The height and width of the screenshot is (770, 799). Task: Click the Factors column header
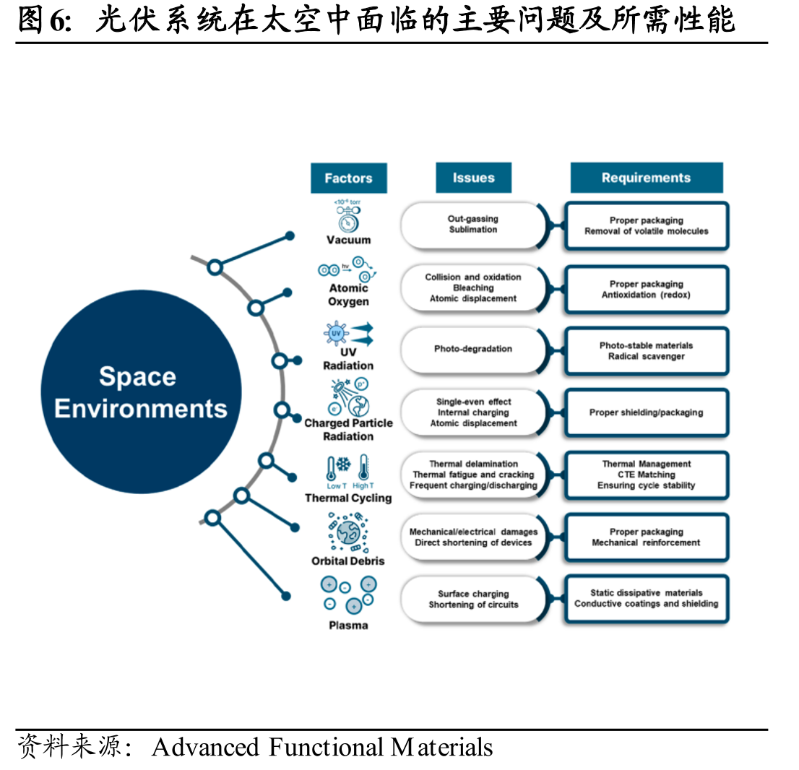[x=348, y=178]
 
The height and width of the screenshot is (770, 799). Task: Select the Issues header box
[x=473, y=178]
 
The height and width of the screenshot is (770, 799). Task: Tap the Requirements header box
[x=646, y=178]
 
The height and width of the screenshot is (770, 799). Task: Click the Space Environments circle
[x=141, y=392]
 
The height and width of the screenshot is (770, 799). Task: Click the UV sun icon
[x=336, y=334]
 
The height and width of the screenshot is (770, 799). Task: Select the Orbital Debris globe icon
[x=348, y=532]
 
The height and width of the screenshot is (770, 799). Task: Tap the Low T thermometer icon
[x=332, y=468]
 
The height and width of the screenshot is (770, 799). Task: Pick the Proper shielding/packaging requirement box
[x=646, y=412]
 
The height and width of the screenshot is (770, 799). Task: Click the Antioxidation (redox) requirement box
[x=646, y=289]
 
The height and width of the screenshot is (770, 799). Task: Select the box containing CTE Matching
[x=646, y=475]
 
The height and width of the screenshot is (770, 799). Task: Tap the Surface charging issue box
[x=473, y=600]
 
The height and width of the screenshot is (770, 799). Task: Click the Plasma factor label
[x=348, y=626]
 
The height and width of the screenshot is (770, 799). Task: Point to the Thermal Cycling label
[x=348, y=498]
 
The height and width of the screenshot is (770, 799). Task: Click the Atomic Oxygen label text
[x=348, y=295]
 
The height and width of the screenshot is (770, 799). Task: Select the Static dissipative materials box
[x=646, y=599]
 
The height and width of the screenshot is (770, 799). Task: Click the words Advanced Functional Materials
[x=322, y=748]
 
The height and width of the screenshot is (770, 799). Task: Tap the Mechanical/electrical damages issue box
[x=473, y=537]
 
